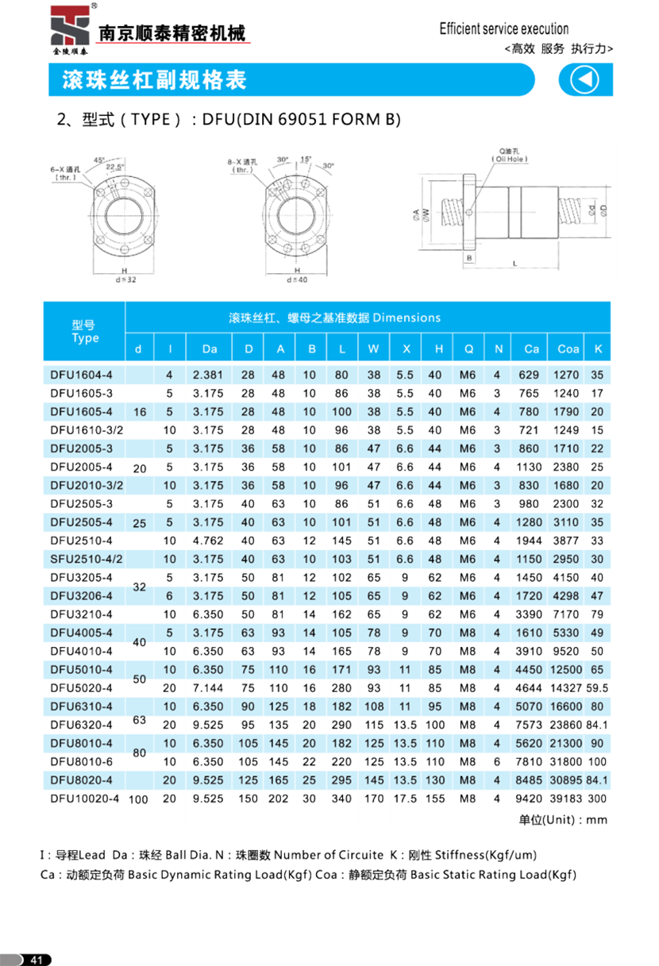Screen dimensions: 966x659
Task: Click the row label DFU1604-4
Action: coord(80,375)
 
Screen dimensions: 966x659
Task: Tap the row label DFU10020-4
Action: coord(84,799)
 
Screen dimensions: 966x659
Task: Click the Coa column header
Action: coord(568,348)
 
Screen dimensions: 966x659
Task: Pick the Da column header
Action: coord(210,348)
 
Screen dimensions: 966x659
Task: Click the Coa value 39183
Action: coord(568,799)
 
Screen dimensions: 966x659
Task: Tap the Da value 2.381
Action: coord(210,375)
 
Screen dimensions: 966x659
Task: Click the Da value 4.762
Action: coord(210,540)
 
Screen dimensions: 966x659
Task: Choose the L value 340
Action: coord(341,799)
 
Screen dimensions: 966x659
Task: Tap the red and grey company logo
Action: coord(70,28)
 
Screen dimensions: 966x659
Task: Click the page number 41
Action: coord(37,960)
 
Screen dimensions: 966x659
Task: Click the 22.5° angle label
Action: coord(116,167)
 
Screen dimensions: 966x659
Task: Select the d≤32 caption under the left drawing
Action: coord(125,279)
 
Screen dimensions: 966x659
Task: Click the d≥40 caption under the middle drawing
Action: coord(299,279)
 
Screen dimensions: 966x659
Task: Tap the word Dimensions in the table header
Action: coord(407,318)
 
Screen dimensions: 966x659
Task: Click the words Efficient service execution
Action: coord(504,29)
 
